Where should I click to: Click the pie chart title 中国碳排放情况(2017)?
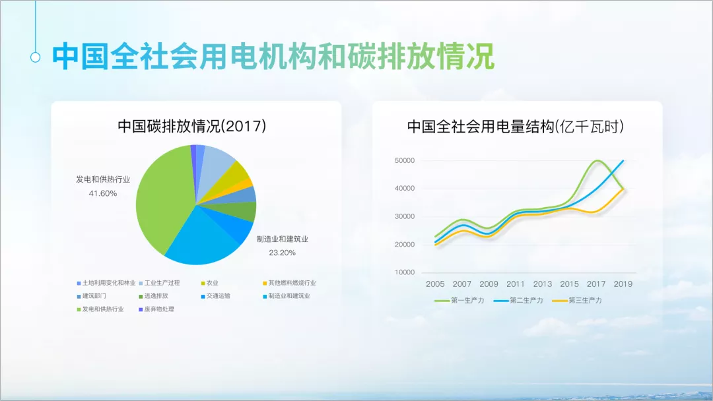click(x=192, y=126)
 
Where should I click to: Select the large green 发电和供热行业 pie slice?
click(x=164, y=200)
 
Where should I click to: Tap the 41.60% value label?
click(x=103, y=193)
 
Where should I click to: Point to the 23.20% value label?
click(x=283, y=253)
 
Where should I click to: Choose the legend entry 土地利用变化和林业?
click(x=106, y=283)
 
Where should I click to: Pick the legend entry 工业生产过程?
click(x=160, y=283)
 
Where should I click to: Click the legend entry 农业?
click(x=210, y=283)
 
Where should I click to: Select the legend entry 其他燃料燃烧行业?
click(x=289, y=283)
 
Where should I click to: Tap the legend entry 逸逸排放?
click(x=154, y=295)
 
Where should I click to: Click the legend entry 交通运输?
click(x=215, y=295)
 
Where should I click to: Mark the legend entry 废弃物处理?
click(x=156, y=309)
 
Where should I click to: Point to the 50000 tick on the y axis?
click(x=404, y=161)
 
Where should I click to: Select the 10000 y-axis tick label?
click(x=404, y=272)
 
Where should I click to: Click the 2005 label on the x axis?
click(x=435, y=284)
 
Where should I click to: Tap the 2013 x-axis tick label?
click(x=543, y=284)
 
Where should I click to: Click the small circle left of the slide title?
click(x=36, y=57)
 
